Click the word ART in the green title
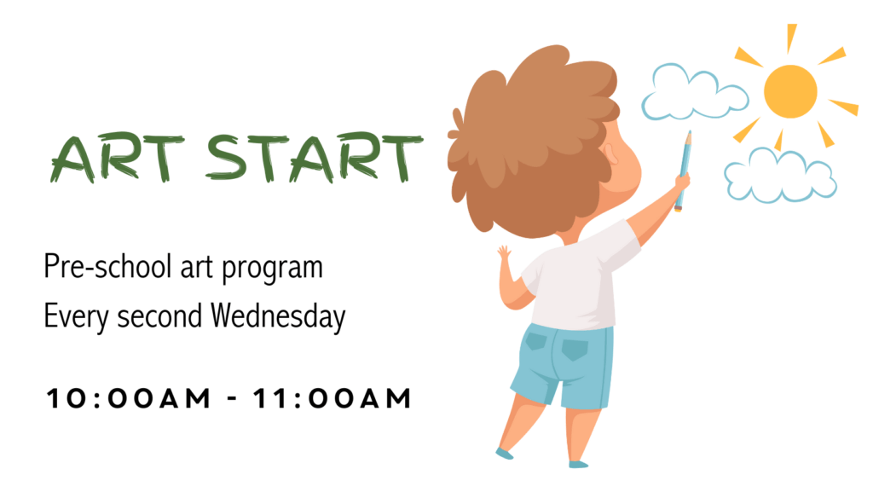point(117,158)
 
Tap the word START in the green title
point(315,158)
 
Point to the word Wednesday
point(278,316)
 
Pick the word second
point(159,316)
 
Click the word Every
point(76,317)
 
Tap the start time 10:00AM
point(129,398)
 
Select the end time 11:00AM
point(332,398)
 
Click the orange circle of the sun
point(790,91)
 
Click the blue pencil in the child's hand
point(684,171)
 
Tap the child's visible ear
point(611,154)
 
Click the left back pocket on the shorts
point(535,339)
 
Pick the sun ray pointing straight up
point(790,38)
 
